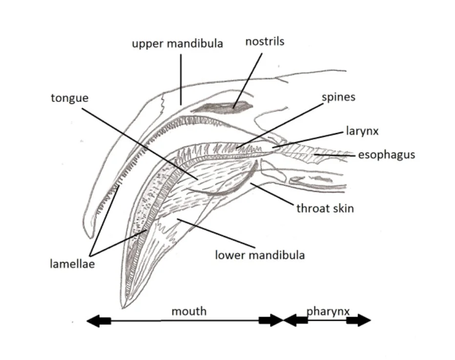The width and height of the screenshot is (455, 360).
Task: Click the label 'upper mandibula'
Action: tap(177, 43)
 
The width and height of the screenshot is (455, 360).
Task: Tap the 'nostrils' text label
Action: tap(265, 41)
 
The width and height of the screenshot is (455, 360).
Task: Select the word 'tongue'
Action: tap(69, 98)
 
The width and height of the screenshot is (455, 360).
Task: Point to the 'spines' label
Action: tap(338, 97)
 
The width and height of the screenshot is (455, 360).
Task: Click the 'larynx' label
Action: tap(362, 131)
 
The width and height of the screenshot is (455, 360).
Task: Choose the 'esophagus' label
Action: tap(386, 155)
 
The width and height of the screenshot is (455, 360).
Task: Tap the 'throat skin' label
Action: tap(325, 208)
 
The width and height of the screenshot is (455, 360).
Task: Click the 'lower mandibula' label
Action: tap(260, 255)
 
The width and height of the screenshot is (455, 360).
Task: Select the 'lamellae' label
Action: tap(73, 264)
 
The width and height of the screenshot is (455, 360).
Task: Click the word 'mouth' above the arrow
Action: tap(189, 311)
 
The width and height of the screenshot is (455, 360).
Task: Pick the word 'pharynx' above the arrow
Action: tap(328, 311)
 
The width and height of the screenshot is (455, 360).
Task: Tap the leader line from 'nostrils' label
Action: tap(248, 78)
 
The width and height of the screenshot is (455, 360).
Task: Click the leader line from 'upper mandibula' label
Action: tap(181, 78)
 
